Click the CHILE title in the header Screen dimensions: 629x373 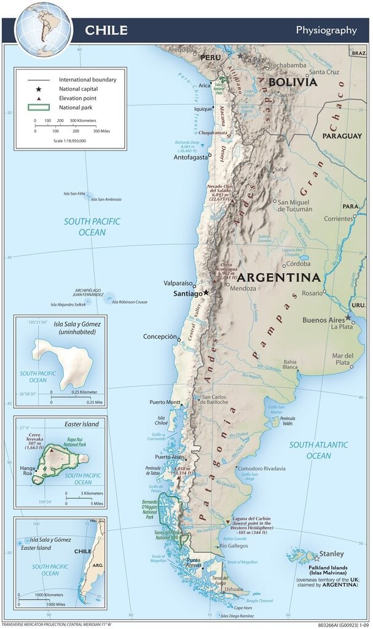(106, 30)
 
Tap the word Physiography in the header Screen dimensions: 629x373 (326, 29)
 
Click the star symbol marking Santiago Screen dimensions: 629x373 (206, 293)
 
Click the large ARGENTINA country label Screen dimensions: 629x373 (279, 277)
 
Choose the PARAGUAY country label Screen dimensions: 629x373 (342, 136)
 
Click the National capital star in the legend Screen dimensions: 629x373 (38, 89)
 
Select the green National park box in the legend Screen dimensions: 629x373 (38, 108)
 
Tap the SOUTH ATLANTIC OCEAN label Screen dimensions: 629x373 (318, 450)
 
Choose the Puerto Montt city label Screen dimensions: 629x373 (165, 403)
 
